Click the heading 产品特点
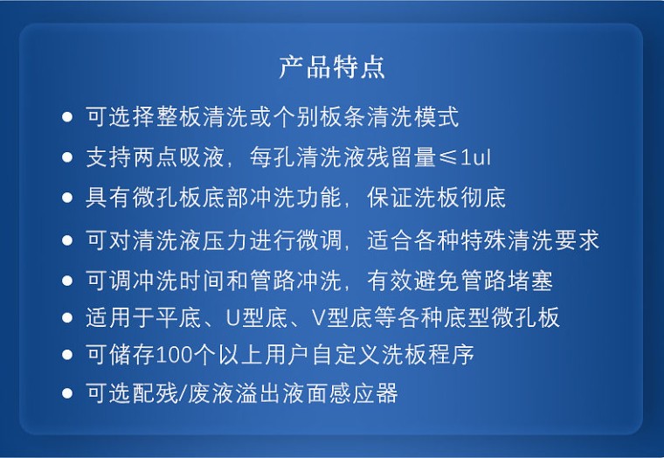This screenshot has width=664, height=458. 332,67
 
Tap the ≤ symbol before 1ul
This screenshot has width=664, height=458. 447,157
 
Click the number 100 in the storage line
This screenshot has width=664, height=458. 176,355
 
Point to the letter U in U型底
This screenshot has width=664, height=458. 233,317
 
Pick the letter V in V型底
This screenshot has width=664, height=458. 318,317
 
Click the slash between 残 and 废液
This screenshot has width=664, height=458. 183,393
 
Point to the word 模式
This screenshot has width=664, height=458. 436,116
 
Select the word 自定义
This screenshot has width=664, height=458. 346,355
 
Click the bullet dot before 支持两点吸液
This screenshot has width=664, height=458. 67,157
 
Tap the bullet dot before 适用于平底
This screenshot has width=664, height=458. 67,318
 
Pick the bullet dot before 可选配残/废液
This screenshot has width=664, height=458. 67,393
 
